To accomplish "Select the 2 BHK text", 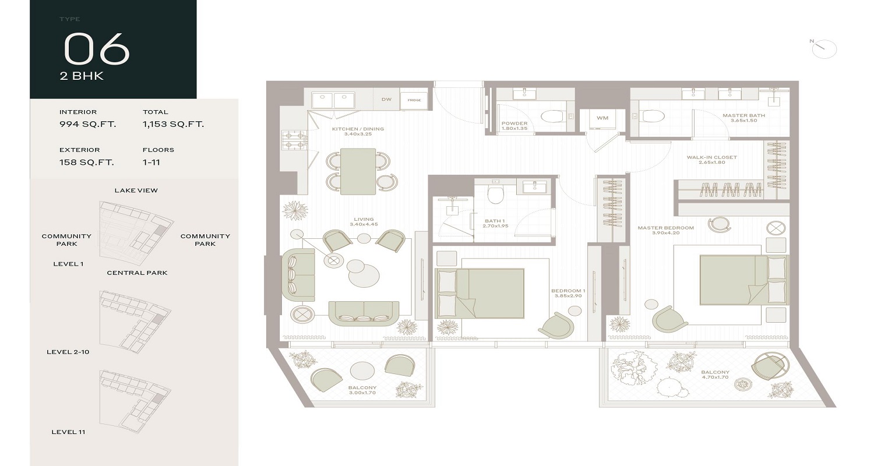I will [82, 76].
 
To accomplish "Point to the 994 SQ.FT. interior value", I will [87, 124].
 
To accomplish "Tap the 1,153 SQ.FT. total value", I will [173, 124].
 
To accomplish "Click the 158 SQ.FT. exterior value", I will [86, 162].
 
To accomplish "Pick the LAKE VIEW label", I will [136, 190].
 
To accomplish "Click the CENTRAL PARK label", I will [137, 273].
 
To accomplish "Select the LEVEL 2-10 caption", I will [68, 352].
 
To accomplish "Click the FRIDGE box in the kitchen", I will [414, 100].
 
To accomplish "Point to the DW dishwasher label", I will [386, 100].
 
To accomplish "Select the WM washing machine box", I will [602, 118].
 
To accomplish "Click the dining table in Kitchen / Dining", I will [358, 171].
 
